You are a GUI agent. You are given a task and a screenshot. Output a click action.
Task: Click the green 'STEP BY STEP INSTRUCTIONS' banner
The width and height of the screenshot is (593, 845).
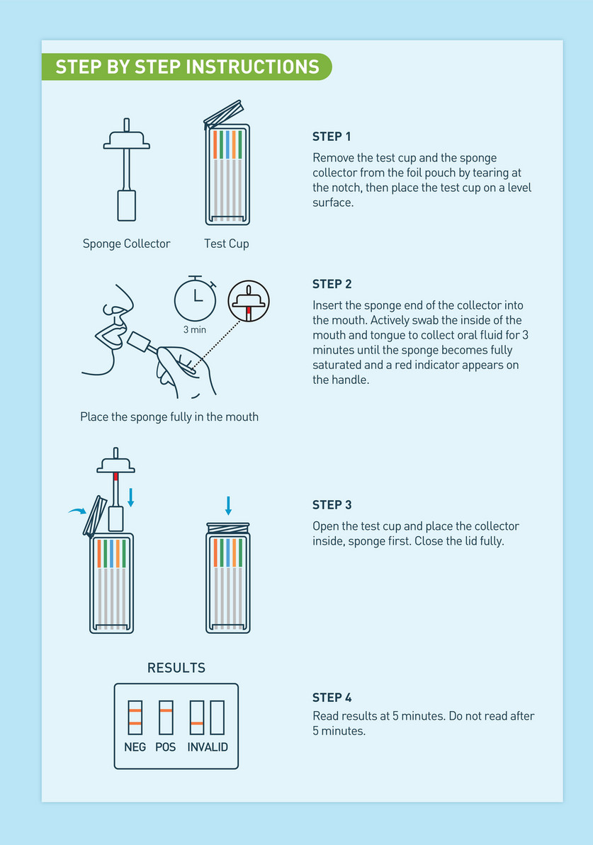tap(186, 67)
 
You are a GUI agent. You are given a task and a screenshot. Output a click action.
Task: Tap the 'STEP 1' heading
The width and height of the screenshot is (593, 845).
tap(332, 137)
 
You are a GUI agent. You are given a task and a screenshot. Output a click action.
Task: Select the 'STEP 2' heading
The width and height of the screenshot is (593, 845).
tap(332, 284)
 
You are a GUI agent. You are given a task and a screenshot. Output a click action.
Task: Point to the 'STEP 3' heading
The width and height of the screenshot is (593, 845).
tap(332, 505)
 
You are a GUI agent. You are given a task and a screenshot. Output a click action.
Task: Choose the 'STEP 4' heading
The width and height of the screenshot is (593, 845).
tap(332, 698)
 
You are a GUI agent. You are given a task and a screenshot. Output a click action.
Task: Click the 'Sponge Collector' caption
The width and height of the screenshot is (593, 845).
tap(127, 244)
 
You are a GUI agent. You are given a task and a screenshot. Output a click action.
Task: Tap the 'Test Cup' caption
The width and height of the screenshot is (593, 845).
tap(227, 244)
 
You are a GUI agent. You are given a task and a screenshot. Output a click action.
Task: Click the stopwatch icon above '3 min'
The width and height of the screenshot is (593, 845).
tap(195, 299)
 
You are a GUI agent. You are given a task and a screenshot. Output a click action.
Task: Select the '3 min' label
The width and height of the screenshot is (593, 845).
tap(195, 330)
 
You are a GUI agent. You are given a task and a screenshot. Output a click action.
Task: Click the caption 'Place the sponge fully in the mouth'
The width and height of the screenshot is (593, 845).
tap(169, 417)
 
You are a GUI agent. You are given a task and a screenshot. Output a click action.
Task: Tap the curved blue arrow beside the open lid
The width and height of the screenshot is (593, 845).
tap(77, 511)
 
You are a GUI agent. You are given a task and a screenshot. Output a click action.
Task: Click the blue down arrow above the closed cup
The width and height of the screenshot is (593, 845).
tap(229, 506)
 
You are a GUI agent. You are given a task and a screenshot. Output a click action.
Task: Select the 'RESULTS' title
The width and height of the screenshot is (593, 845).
tap(176, 668)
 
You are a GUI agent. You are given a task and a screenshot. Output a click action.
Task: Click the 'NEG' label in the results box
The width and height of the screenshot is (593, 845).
tap(135, 747)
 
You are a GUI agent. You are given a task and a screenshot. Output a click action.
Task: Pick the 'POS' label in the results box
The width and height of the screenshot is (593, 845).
tap(166, 747)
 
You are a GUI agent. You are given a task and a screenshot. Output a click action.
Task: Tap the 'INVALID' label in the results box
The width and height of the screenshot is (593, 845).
tap(208, 747)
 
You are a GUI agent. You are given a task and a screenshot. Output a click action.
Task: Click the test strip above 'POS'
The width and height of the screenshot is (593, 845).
tap(166, 718)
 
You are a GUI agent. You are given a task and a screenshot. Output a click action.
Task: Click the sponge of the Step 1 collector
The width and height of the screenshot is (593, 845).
tap(127, 205)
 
